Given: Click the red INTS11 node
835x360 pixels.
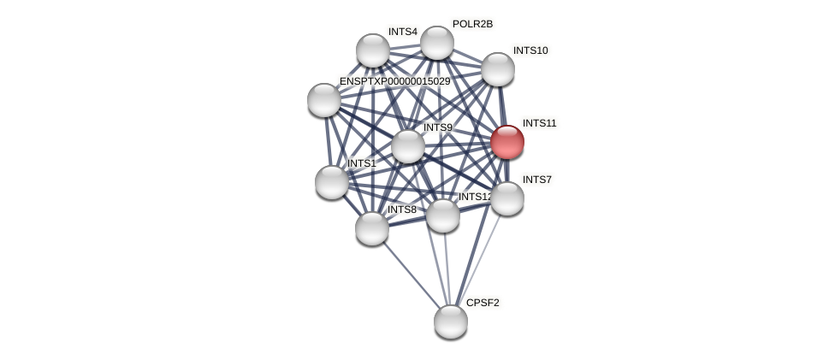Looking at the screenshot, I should point(507,142).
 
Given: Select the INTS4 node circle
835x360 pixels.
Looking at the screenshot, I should point(373,50).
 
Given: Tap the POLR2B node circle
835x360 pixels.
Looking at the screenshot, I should point(437,43).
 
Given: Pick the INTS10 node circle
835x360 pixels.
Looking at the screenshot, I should point(498,69).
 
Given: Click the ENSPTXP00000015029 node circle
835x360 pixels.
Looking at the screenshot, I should point(324,100).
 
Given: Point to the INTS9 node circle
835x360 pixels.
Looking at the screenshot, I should point(408,146).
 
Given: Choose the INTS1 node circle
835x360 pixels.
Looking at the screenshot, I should point(332,182).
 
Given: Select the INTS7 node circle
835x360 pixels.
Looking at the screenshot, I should point(507,198).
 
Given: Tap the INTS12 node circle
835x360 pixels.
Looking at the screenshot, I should point(443,215).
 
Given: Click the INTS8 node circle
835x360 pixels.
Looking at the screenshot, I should point(372,228).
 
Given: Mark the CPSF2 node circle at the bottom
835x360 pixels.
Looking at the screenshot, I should point(451,322).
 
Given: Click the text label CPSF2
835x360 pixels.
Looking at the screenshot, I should point(483,303).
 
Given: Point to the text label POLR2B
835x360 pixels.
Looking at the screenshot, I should point(472,24).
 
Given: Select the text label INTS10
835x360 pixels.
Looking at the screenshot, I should point(530,50).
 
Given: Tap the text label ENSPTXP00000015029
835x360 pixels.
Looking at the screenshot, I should point(394,81).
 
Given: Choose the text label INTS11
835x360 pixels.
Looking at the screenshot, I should point(539,123).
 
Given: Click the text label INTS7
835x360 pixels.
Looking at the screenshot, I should point(537,180).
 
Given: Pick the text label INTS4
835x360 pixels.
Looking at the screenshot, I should point(402,32).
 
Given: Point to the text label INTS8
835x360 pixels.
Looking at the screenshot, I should point(401,210).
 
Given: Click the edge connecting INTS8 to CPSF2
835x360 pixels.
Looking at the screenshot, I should point(412,274).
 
